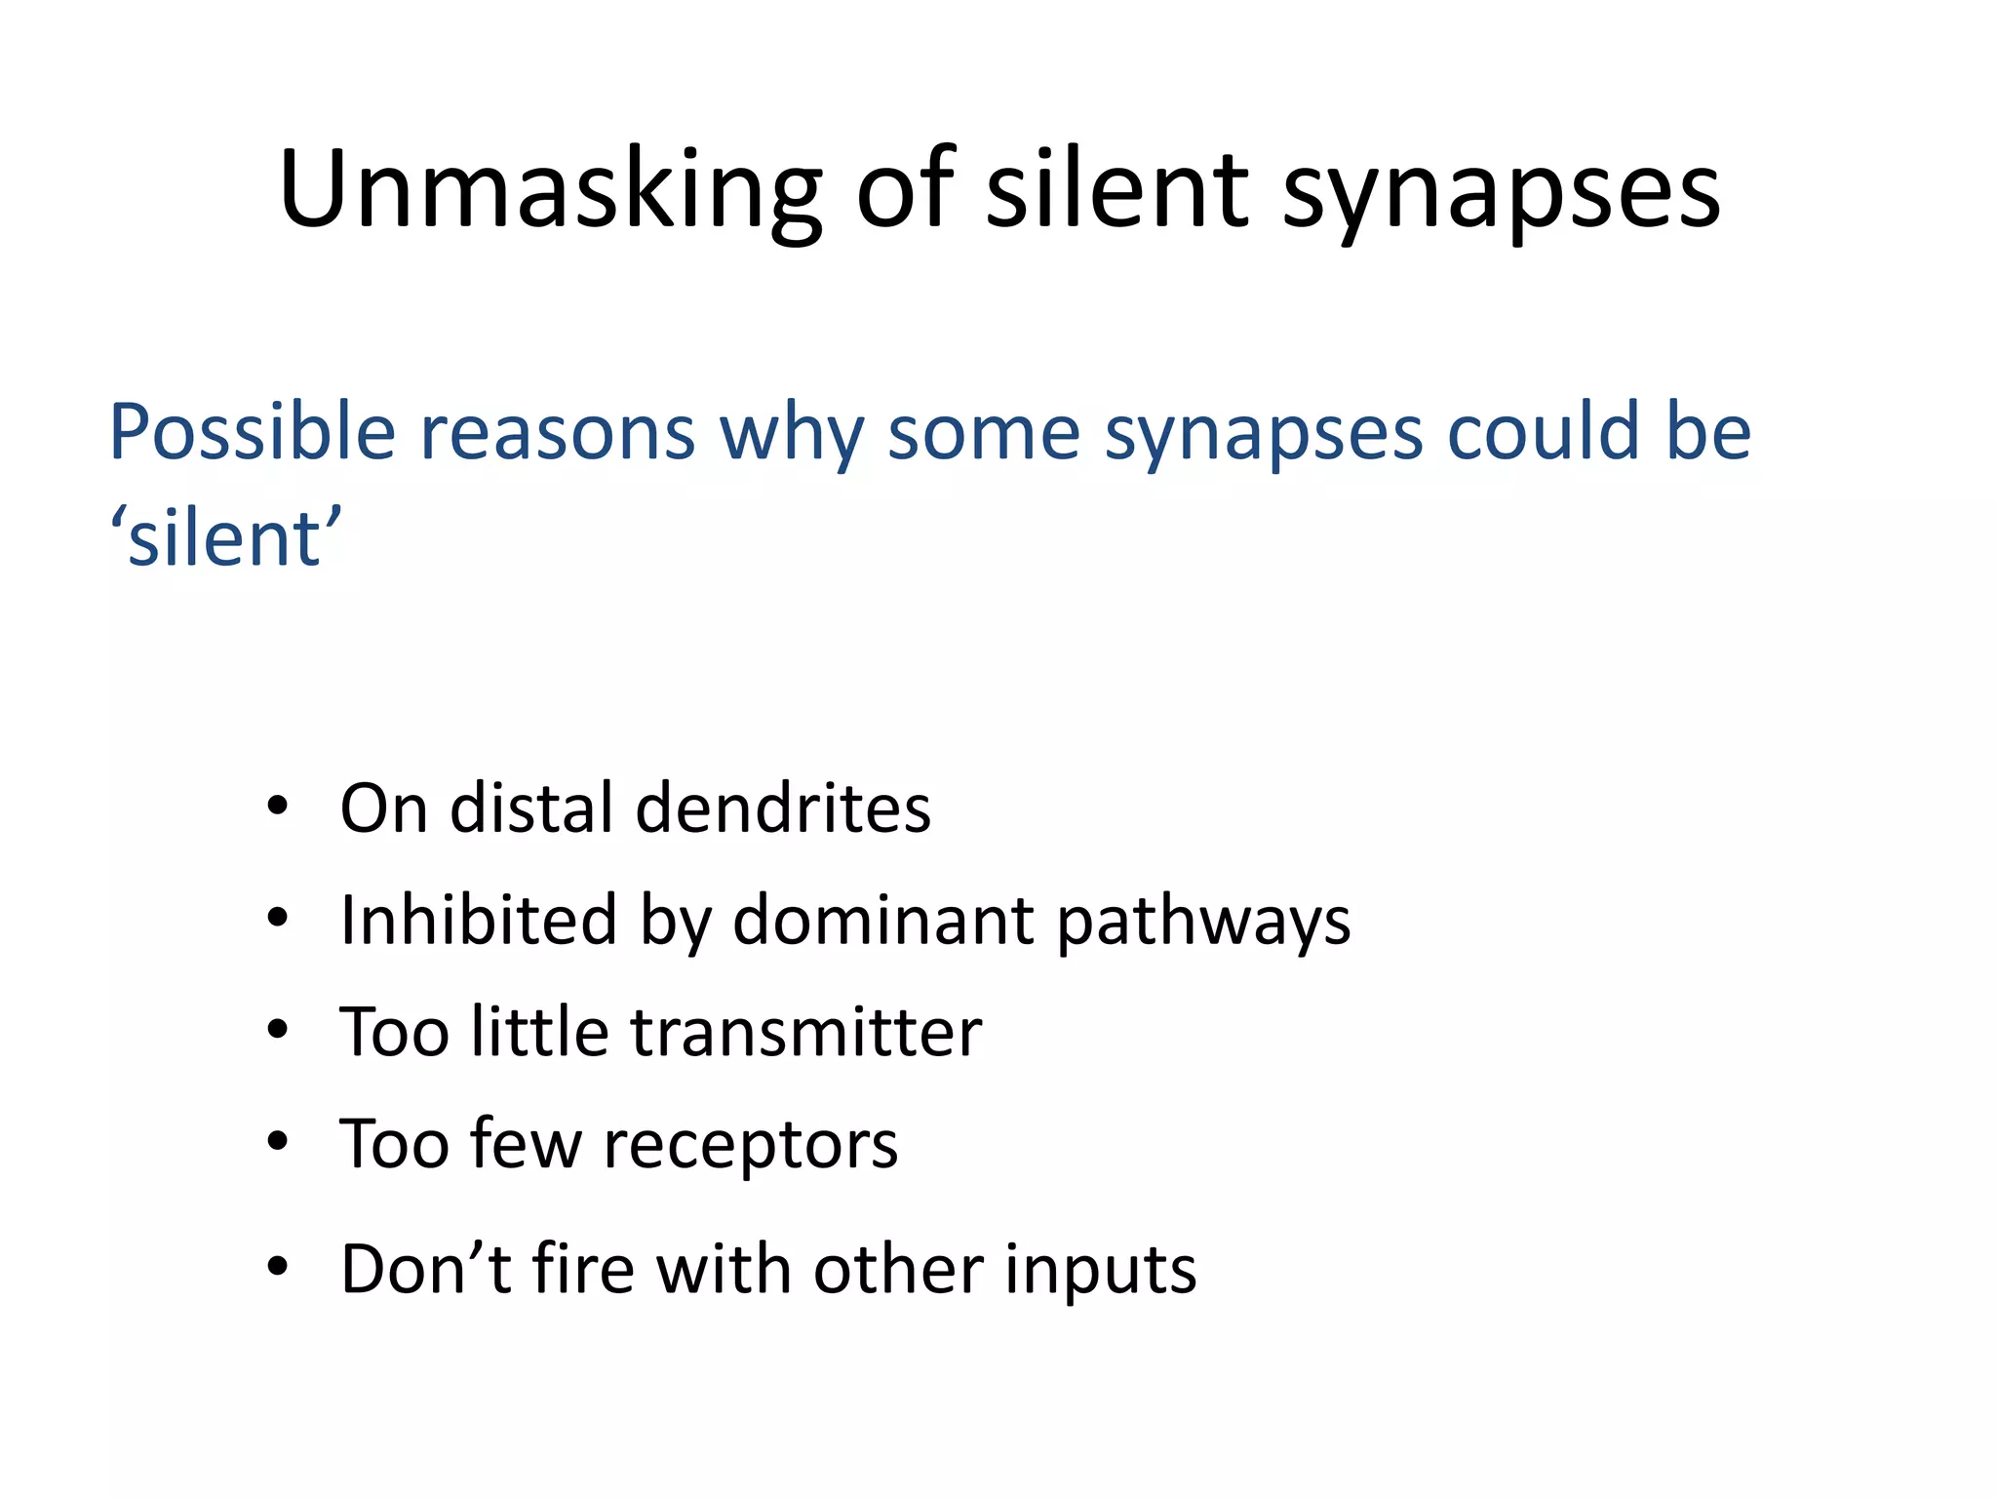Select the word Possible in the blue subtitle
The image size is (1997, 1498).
[252, 432]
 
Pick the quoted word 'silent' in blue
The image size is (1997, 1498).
[225, 538]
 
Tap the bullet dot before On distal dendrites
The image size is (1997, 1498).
[278, 808]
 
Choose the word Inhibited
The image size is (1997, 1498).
[479, 920]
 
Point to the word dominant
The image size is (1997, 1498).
[882, 920]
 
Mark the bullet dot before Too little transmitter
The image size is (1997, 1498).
[278, 1031]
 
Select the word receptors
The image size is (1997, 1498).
[750, 1145]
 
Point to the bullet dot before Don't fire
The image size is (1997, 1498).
[278, 1267]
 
